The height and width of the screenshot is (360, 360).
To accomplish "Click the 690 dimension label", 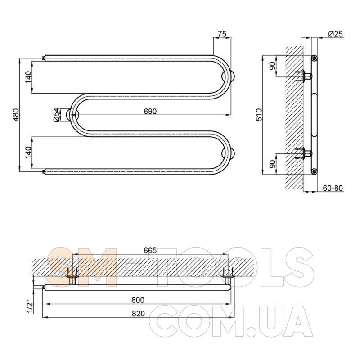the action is click(150, 111).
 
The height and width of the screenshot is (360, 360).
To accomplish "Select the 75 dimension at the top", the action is click(222, 34).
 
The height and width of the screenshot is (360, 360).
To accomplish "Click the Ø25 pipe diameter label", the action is click(335, 34).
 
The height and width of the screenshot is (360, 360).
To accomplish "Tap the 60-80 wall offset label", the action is click(333, 188).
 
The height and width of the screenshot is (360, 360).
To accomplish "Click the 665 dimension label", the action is click(150, 251).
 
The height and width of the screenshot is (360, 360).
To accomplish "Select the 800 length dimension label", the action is click(138, 300).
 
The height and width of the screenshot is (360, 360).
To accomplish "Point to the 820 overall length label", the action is click(139, 314).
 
